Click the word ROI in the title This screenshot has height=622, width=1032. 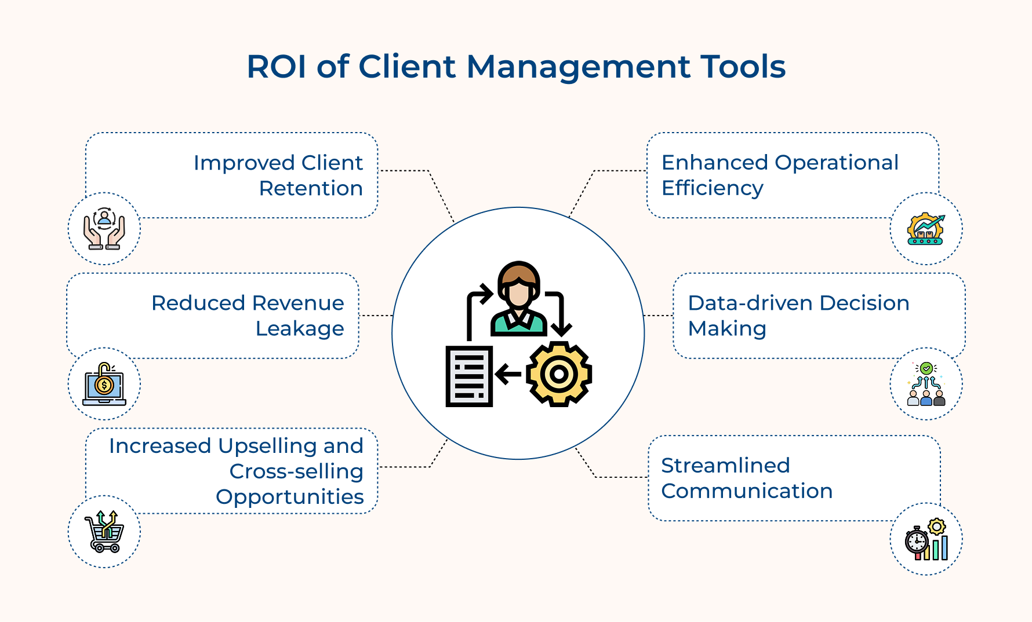click(277, 66)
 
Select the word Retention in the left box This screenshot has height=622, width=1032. click(311, 188)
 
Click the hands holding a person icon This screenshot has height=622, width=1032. click(104, 229)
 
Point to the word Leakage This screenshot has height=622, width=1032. click(300, 329)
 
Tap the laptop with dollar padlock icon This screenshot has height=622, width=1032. click(104, 384)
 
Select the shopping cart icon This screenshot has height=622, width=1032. click(104, 532)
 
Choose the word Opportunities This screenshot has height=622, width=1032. click(290, 497)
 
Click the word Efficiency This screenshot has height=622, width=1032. click(713, 188)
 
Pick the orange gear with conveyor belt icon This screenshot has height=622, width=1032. click(926, 229)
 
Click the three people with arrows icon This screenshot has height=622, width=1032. click(926, 384)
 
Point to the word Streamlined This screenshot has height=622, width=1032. click(725, 465)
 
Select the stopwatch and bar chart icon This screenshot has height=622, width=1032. click(926, 539)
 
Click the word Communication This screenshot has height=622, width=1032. click(747, 491)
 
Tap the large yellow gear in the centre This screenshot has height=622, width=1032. click(559, 374)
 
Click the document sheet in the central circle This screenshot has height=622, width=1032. click(469, 376)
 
